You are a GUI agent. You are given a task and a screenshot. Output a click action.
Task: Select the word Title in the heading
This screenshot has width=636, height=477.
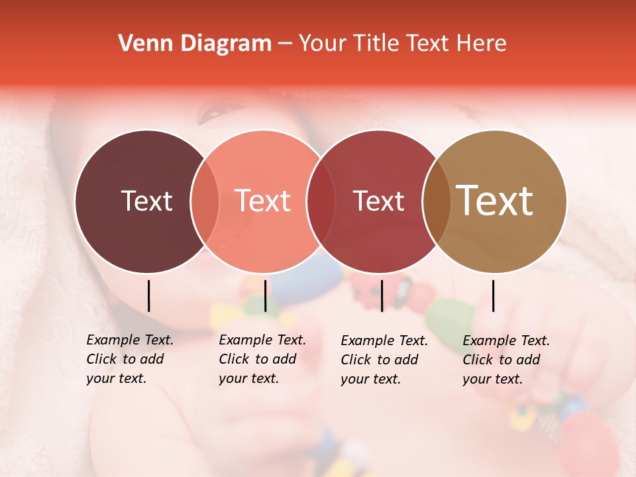pos(376,44)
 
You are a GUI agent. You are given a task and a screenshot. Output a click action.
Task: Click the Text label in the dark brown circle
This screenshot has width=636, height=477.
pos(146,201)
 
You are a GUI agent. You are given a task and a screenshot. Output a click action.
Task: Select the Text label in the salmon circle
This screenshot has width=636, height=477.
pos(263,201)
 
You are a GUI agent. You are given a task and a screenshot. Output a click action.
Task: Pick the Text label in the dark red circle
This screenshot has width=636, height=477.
pos(378,201)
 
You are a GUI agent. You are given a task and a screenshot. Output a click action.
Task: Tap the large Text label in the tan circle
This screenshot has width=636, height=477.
pos(495,201)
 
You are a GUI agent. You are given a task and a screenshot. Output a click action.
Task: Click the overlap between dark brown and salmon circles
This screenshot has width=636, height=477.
pos(205,201)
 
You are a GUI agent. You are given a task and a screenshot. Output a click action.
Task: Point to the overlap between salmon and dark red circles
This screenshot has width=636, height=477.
pos(320,201)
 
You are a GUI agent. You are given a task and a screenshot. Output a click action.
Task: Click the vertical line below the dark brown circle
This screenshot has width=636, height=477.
pos(148,295)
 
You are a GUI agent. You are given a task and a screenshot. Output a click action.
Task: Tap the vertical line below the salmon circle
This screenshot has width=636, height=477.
pos(265,295)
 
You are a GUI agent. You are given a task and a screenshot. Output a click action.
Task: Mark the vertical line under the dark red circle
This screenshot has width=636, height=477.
pos(382,295)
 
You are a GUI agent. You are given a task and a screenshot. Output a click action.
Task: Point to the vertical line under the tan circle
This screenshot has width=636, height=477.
pos(493,295)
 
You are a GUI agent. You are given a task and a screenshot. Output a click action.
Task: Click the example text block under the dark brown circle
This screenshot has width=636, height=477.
pos(129,359)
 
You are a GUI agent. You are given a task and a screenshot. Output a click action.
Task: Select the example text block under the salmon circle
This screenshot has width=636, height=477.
pos(262,359)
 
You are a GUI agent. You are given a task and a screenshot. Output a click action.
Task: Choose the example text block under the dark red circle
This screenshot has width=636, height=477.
pos(384,360)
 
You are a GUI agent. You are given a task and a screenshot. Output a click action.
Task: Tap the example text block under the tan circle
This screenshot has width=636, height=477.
pos(505,360)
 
